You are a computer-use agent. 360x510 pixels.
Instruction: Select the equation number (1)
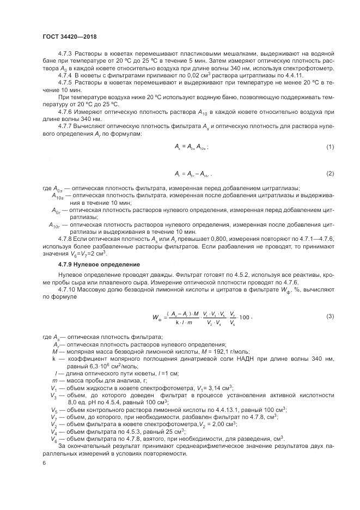tap(330, 147)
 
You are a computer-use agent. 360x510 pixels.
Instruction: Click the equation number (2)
tap(330, 173)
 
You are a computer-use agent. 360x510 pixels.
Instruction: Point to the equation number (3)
tap(330, 316)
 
